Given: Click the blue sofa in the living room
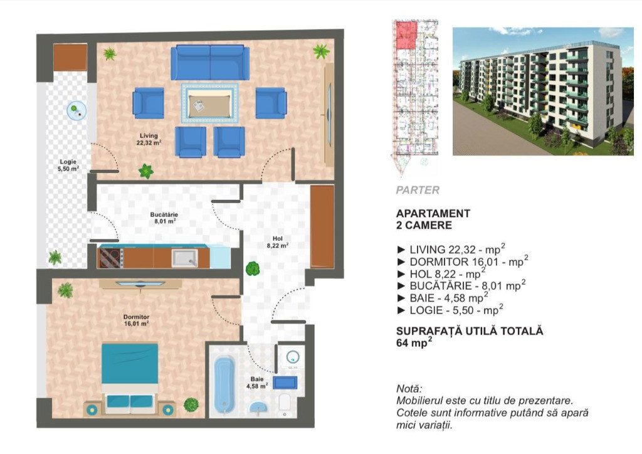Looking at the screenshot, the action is pos(210,62).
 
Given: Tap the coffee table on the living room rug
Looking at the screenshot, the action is pos(210,103).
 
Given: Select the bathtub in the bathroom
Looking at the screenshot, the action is pos(224,384).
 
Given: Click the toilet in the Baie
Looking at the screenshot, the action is pos(285,404).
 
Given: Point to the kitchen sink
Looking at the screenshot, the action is pos(185,258).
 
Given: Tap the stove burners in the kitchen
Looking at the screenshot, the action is pos(110,258).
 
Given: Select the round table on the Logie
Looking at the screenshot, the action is pos(77,110).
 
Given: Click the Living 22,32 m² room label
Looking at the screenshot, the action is pos(149,139).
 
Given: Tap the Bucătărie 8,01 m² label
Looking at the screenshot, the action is pos(164,218).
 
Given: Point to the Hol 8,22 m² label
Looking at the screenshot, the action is pos(278,242).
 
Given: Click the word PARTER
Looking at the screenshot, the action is pos(418,190).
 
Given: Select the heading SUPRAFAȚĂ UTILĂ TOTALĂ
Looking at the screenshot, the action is pos(470,330).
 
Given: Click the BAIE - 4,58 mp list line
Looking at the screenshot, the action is pos(443,298).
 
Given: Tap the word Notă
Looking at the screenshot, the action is pos(409,389).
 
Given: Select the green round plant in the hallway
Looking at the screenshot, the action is pos(253,268).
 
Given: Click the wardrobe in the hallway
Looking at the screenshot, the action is pos(322,227).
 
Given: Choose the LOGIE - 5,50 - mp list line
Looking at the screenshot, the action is pos(450,310).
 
